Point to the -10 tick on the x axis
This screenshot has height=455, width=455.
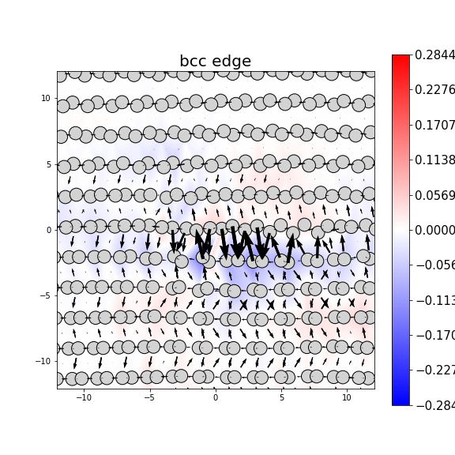pyautogui.click(x=83, y=397)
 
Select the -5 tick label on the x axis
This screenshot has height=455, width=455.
pyautogui.click(x=149, y=397)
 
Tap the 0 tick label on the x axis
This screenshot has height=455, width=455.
pyautogui.click(x=215, y=397)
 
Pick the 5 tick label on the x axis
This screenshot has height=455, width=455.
pyautogui.click(x=280, y=397)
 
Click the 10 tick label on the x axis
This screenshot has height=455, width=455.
pyautogui.click(x=346, y=397)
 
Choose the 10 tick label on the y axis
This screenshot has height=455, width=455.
pyautogui.click(x=47, y=98)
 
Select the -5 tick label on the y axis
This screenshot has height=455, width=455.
pyautogui.click(x=46, y=295)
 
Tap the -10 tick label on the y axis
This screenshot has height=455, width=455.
pyautogui.click(x=44, y=361)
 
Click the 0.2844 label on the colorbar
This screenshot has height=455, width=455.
pyautogui.click(x=434, y=55)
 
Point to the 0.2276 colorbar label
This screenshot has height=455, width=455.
pyautogui.click(x=434, y=89)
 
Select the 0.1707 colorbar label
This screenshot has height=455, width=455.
pyautogui.click(x=434, y=125)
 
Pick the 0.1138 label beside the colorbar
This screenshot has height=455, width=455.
pyautogui.click(x=434, y=160)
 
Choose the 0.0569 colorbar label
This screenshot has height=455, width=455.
pyautogui.click(x=434, y=195)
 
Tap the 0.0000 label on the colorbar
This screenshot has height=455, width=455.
pyautogui.click(x=434, y=230)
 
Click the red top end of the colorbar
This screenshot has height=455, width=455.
pyautogui.click(x=400, y=58)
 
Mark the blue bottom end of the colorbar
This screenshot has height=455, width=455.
pyautogui.click(x=400, y=401)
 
